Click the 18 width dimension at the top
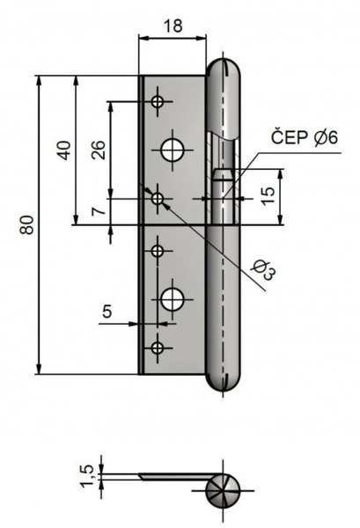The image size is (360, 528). click(x=173, y=26)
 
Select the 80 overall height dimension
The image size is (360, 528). click(x=27, y=224)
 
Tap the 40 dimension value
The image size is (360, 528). click(x=64, y=150)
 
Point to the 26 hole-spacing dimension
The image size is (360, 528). click(x=98, y=150)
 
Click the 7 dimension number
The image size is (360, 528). click(x=99, y=211)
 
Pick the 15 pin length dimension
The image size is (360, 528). click(x=268, y=196)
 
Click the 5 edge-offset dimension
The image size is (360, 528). click(x=107, y=312)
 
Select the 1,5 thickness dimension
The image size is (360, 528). click(x=86, y=475)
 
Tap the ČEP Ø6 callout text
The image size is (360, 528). click(x=304, y=137)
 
